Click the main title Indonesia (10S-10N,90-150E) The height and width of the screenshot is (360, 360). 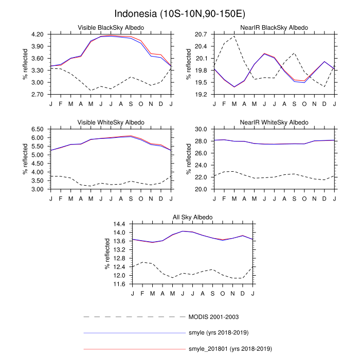pos(180,13)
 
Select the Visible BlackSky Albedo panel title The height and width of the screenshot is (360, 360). pos(111,27)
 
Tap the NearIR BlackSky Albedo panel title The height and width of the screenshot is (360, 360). pos(275,27)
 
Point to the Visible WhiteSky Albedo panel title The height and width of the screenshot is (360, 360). pos(111,122)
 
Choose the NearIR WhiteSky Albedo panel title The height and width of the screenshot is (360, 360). pos(275,122)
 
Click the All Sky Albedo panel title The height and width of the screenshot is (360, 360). pos(192,218)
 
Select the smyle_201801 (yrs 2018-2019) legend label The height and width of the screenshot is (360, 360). pos(230,349)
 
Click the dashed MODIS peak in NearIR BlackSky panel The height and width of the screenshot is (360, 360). pos(235,36)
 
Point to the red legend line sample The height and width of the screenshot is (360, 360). pos(134,349)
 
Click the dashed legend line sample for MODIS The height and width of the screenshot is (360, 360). pos(134,316)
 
